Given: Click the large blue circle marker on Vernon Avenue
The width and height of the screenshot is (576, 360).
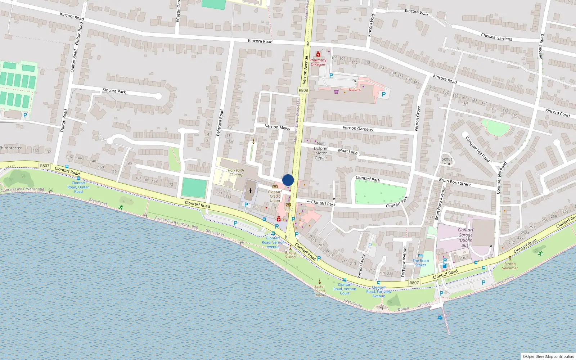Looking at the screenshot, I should pos(288,180).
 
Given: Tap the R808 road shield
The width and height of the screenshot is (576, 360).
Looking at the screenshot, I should pos(303,90).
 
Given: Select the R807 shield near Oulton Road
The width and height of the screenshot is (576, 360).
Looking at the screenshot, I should pos(45,166).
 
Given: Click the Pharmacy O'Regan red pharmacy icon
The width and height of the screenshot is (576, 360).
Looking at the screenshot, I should pos(318,54).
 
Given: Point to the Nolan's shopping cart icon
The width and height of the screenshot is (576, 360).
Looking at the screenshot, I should pos(336,92).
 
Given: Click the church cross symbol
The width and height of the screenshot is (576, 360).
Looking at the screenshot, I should pos(251,190).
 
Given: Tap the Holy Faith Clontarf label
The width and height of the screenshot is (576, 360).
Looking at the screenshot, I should pos(236,172).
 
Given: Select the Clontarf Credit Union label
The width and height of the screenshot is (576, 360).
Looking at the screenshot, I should pos(275,196).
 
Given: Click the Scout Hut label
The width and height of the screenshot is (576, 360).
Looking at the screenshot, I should pos(447,161).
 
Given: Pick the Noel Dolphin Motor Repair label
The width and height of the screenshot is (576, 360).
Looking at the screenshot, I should pos(321,150).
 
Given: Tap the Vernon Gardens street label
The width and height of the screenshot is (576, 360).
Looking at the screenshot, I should pos(357,128).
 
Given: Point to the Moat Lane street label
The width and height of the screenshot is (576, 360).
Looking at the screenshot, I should pos(348,152).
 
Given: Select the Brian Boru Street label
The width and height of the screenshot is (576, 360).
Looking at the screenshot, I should pos(455,182).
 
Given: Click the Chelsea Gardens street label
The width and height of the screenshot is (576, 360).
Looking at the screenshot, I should pos(496,37).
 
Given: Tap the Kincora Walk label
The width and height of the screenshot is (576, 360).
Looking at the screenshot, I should pos(417,12).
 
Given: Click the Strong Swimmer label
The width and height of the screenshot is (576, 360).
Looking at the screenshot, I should pos(510,266).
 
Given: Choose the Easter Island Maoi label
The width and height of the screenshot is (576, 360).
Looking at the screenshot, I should pos(320,291).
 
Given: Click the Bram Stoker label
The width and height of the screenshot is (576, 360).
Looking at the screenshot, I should pos(421,263).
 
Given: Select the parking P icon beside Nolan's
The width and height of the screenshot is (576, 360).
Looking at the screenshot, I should pos(383,94).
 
